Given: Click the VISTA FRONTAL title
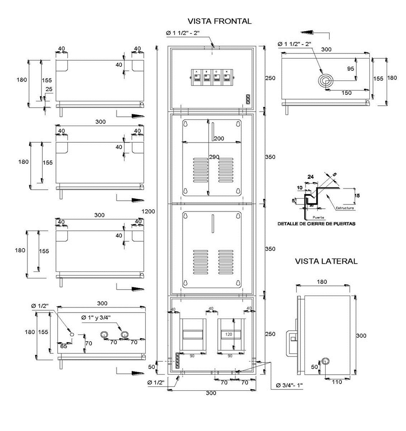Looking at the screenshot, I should click(x=219, y=21).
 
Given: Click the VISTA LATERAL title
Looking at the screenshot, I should click(x=326, y=261).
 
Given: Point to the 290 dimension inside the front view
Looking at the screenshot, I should click(x=214, y=157).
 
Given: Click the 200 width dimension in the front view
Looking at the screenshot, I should click(x=219, y=138).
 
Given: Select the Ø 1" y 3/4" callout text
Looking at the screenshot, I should click(x=97, y=318).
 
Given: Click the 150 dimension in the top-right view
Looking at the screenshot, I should click(x=346, y=93).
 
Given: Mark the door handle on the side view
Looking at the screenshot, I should click(x=292, y=337).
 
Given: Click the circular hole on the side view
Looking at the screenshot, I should click(x=325, y=361).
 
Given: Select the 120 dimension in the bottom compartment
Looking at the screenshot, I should click(x=229, y=335).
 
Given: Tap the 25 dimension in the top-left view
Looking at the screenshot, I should click(x=49, y=89).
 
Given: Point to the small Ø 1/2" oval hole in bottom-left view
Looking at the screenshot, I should click(x=71, y=333).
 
